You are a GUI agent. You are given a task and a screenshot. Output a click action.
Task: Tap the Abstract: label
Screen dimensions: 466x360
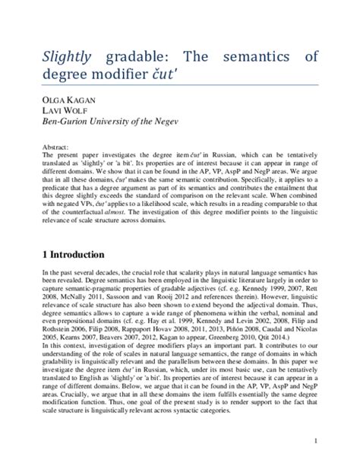57,145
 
